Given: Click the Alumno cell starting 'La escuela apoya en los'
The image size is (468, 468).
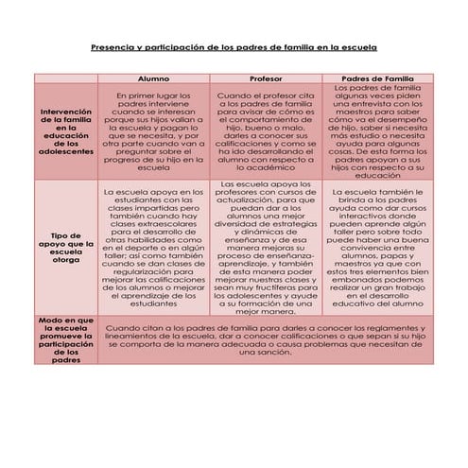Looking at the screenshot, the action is [x=153, y=248].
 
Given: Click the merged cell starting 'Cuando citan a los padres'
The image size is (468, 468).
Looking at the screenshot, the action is [x=267, y=340].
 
